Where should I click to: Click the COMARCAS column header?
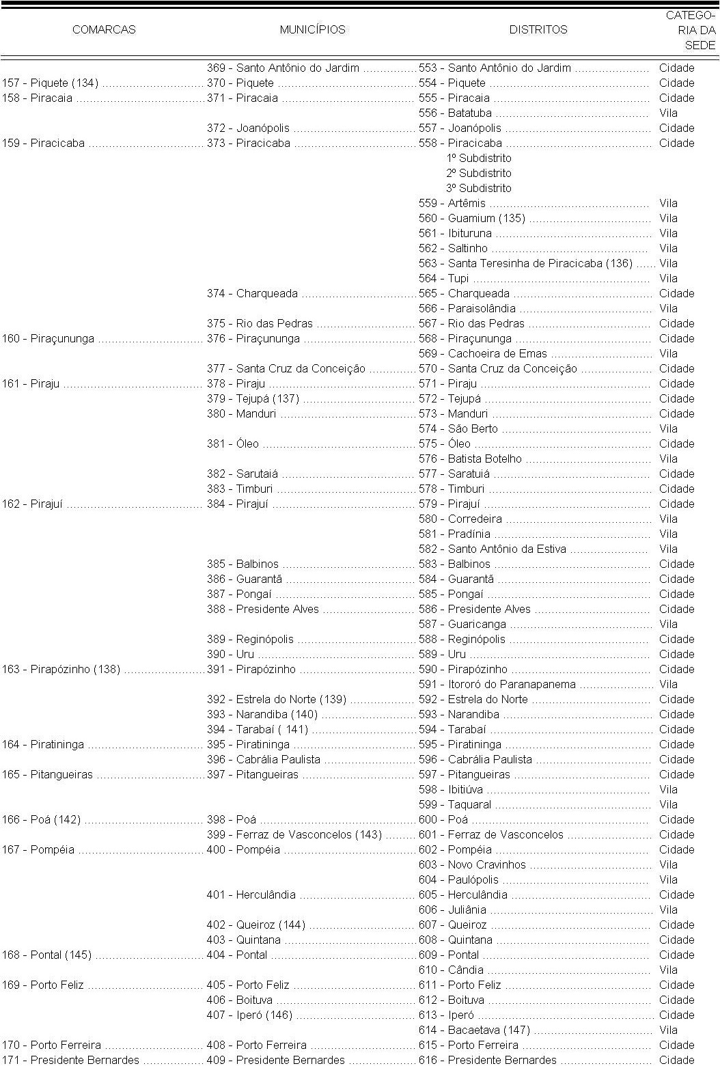(104, 29)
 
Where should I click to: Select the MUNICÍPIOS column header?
(312, 29)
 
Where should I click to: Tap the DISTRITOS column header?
(538, 29)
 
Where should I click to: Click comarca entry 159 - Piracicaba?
(44, 143)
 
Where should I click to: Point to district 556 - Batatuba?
(455, 113)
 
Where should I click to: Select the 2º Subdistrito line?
(478, 174)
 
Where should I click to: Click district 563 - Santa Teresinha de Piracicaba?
(525, 264)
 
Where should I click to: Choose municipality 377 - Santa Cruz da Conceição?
(286, 369)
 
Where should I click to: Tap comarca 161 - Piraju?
(31, 384)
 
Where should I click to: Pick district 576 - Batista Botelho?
(470, 459)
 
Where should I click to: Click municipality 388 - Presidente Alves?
(263, 610)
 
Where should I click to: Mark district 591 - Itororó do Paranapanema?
(497, 685)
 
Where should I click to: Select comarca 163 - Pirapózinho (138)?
(61, 670)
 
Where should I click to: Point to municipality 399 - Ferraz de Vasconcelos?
(294, 835)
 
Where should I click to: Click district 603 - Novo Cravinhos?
(472, 865)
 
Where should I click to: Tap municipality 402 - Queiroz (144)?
(256, 925)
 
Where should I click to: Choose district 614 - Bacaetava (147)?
(474, 1030)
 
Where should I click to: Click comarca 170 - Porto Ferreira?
(51, 1045)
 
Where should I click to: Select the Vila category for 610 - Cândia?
(668, 970)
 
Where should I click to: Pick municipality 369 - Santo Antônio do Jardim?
(283, 68)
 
